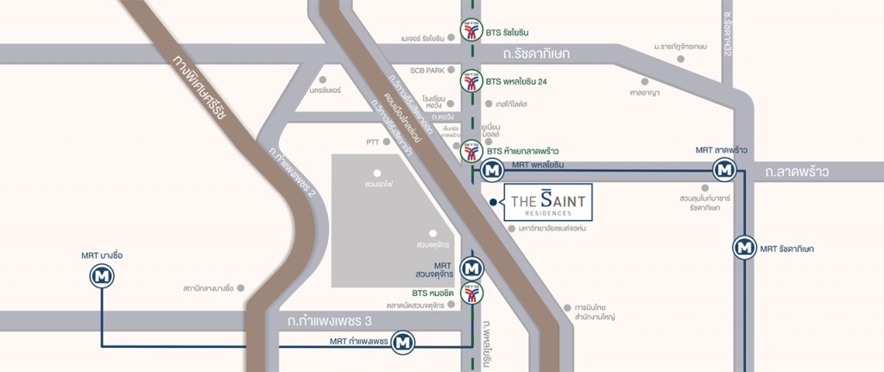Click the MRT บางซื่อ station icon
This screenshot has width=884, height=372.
[x=103, y=278]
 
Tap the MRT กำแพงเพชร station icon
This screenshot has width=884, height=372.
[x=401, y=343]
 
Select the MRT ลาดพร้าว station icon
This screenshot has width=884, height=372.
[x=724, y=171]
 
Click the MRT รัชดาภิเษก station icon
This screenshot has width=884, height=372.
[x=744, y=248]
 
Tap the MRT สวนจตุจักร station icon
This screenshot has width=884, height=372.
[x=471, y=268]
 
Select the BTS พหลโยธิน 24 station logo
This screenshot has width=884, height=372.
[x=470, y=81]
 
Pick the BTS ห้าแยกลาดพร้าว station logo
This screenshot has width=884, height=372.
[x=470, y=152]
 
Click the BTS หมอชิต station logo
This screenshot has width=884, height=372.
[x=471, y=294]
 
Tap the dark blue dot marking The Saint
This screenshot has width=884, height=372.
[x=492, y=202]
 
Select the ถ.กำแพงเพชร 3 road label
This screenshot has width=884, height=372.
[x=331, y=320]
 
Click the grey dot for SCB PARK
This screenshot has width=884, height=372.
[x=452, y=69]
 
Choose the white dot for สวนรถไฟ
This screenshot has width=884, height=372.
[x=377, y=173]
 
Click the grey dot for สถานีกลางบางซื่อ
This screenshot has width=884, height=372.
[x=243, y=287]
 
